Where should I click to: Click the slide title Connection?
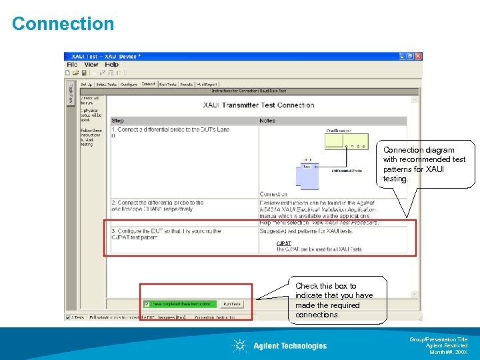[63, 24]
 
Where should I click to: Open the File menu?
[72, 65]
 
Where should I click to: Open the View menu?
[91, 65]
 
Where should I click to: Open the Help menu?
[112, 65]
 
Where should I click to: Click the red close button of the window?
[418, 56]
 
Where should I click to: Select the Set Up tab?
[87, 85]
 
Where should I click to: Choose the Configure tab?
[129, 85]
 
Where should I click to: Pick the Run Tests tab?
[168, 85]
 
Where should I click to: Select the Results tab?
[187, 85]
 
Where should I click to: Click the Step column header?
[118, 121]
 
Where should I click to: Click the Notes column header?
[267, 121]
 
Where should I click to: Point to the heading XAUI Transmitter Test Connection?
[259, 105]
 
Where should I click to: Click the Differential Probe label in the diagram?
[345, 171]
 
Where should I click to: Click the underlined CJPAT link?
[284, 243]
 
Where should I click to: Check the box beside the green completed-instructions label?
[147, 304]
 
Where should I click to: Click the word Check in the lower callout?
[307, 286]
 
